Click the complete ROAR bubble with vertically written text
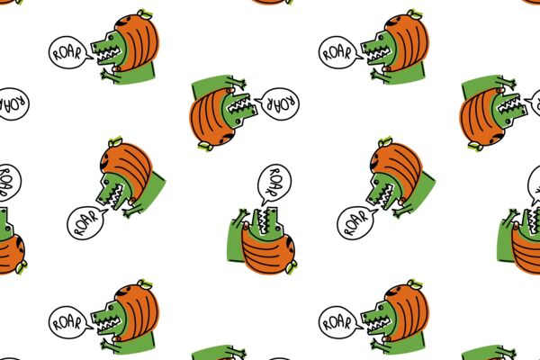coord(274,184)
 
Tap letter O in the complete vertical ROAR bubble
coord(275,181)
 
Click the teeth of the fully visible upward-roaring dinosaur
coord(265,222)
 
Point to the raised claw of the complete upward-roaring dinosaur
coord(242,214)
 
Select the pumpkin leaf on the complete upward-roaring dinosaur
coord(292,267)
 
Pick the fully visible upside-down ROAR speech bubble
coord(278,103)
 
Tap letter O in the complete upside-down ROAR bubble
coord(280,103)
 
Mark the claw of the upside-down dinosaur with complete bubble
coord(238,84)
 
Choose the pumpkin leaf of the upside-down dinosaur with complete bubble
coord(206,146)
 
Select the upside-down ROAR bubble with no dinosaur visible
coord(13,104)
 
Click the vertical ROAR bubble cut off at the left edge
coord(9,183)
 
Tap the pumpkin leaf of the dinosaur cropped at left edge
coord(22,267)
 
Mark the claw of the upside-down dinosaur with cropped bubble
coord(508,84)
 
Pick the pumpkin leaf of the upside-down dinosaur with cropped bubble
coord(476,146)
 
